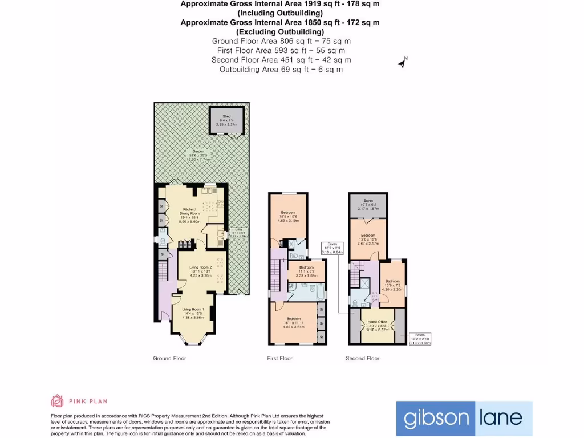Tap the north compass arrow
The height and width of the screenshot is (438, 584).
(402, 63)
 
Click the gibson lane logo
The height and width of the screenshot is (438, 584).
(464, 418)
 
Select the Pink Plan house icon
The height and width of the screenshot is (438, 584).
(57, 401)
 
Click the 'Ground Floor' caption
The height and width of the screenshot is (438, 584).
(169, 359)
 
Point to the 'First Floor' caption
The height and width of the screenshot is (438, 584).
(279, 359)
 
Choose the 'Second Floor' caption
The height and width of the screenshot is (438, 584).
(362, 359)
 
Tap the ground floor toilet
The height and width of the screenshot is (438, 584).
(163, 241)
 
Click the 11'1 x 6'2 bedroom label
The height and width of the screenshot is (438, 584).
(306, 271)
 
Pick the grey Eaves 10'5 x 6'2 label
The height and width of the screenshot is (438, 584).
(368, 204)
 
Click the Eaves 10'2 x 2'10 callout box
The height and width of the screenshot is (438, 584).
(420, 339)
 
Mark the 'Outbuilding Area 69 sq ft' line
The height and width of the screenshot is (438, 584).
(281, 69)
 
